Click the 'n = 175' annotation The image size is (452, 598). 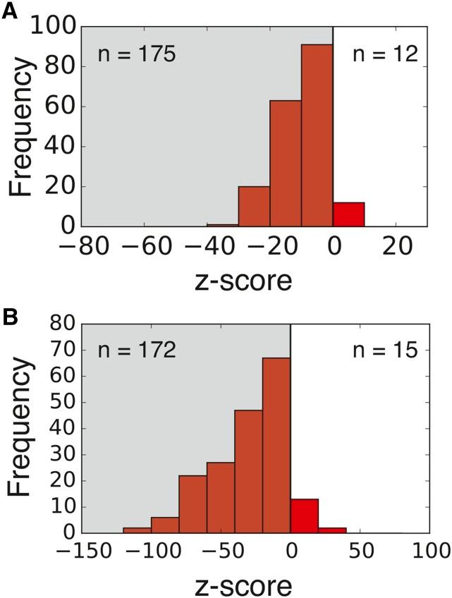[x=137, y=54]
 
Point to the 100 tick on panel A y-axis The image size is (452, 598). [x=54, y=28]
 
